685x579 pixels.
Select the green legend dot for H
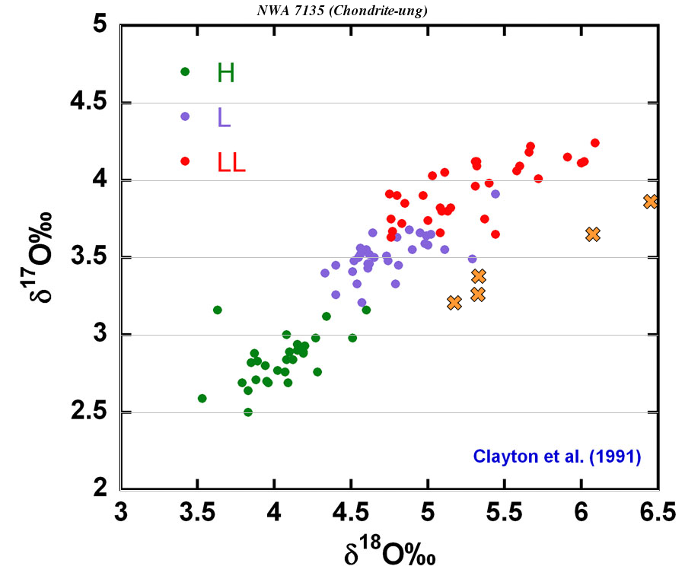(x=185, y=72)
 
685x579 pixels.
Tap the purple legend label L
(x=224, y=116)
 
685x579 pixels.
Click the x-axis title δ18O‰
(x=388, y=553)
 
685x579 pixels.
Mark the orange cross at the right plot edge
(x=650, y=202)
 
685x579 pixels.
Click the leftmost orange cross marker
(x=454, y=303)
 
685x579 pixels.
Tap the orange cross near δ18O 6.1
(x=593, y=234)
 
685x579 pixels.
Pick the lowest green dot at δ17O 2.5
(x=248, y=412)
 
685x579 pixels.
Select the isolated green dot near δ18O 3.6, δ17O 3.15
(x=218, y=310)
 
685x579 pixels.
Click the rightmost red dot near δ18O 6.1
(x=595, y=143)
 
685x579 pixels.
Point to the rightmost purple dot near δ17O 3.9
(x=495, y=194)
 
